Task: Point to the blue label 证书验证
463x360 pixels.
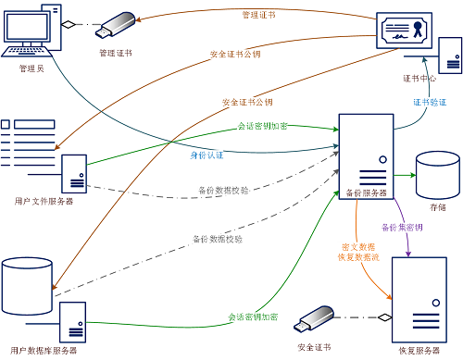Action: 428,104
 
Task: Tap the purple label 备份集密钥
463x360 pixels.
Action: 401,227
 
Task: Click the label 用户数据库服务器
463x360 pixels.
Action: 44,351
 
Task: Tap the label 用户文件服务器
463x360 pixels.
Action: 44,200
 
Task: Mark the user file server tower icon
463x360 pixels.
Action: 74,173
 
